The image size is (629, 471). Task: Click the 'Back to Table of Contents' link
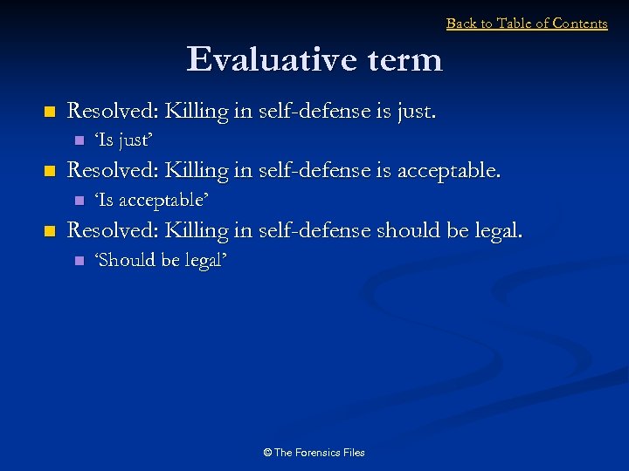tap(527, 24)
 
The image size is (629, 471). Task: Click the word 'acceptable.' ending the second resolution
tap(449, 171)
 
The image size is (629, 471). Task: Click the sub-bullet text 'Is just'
tap(123, 140)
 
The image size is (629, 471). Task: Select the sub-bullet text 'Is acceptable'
tap(150, 200)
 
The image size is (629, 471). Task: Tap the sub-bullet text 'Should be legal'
tap(161, 259)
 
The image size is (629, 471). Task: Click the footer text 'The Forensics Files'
tap(319, 452)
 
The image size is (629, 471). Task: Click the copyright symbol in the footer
tap(267, 452)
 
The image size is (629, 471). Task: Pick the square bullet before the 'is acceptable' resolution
tap(49, 172)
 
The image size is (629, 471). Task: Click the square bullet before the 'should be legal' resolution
tap(49, 231)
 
